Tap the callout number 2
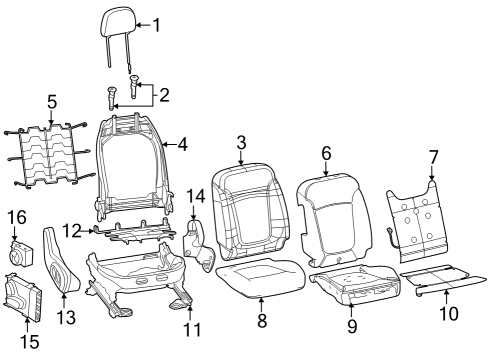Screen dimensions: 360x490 point(164,96)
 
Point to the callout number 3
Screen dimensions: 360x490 point(241,143)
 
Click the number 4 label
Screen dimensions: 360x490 point(183,143)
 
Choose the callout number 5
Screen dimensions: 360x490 point(52,101)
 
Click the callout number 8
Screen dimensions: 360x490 point(262,321)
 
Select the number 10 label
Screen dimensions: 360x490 point(449,313)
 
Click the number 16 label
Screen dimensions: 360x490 point(17,216)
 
